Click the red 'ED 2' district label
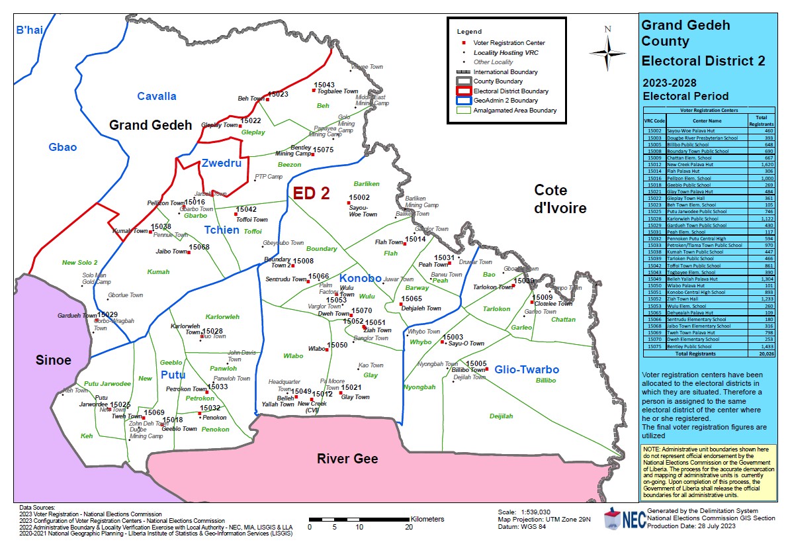point(312,193)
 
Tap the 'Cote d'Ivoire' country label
point(560,199)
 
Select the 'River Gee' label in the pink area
point(347,459)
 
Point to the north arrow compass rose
point(607,51)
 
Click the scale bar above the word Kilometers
point(359,519)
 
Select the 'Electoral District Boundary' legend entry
point(505,91)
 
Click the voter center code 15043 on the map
point(324,85)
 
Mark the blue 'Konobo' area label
point(361,278)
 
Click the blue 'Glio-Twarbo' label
point(527,369)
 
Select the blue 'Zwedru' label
point(222,163)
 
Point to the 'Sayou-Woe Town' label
point(363,210)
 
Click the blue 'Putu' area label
point(173,375)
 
